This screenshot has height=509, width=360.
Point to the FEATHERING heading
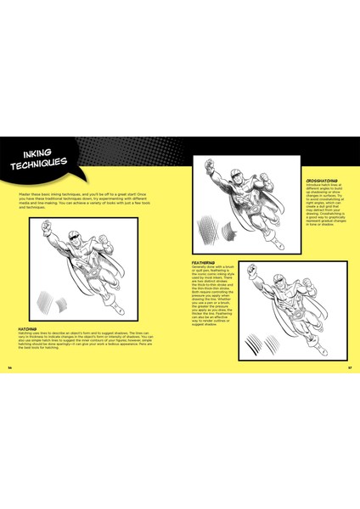click(204, 263)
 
